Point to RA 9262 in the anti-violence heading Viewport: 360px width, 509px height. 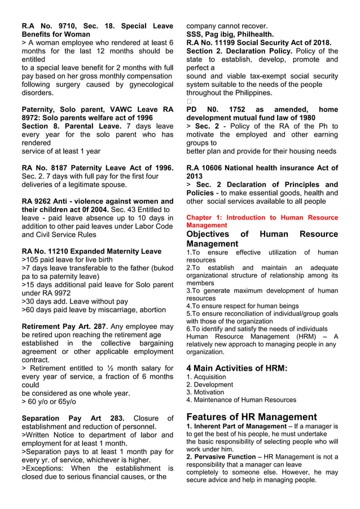tap(37, 201)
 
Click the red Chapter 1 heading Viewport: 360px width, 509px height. tap(262, 221)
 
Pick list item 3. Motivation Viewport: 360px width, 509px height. tap(205, 392)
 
